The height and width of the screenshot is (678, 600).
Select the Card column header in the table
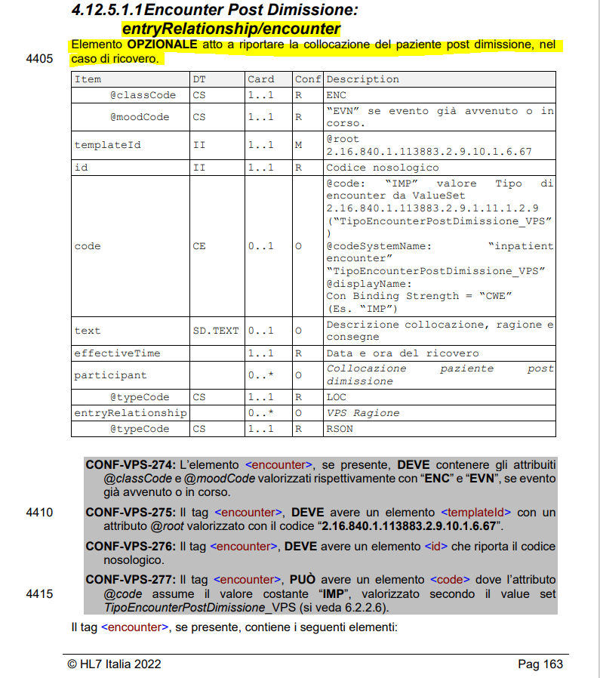tap(260, 79)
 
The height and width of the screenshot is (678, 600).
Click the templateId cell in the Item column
tap(107, 145)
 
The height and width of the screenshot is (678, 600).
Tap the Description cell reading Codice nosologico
tap(382, 168)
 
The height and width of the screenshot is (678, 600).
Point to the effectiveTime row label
tap(117, 353)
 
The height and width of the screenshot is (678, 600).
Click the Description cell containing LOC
tap(336, 397)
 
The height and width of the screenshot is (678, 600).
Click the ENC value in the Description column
tap(336, 95)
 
